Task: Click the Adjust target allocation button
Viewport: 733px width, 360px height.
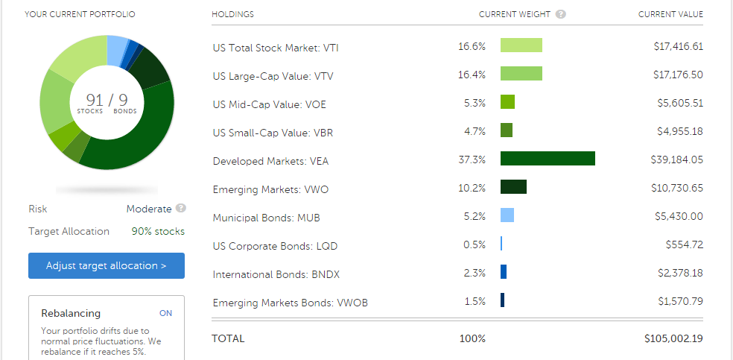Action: click(107, 265)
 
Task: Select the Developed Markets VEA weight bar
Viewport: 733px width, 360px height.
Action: click(548, 159)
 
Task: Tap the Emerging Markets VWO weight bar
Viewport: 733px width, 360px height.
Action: click(513, 187)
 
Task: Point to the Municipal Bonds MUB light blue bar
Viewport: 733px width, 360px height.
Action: click(507, 215)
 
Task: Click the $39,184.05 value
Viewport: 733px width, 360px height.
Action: click(676, 160)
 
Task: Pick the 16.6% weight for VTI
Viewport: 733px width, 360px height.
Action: click(472, 46)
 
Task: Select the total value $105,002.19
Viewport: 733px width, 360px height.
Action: click(673, 338)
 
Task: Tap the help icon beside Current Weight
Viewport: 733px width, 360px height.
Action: click(560, 14)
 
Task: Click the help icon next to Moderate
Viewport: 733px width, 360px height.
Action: click(181, 209)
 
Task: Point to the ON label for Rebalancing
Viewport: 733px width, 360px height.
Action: click(165, 313)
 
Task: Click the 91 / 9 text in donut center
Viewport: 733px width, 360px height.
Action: click(106, 101)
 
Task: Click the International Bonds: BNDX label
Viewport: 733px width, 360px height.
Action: click(276, 274)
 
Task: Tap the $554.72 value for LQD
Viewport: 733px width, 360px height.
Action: click(685, 244)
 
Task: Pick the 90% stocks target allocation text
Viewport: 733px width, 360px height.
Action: click(158, 231)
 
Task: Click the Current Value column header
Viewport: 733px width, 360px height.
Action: click(670, 14)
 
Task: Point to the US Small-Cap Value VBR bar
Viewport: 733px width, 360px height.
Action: click(507, 130)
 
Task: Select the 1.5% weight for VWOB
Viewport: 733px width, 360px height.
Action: click(474, 302)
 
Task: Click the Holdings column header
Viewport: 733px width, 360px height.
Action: click(232, 14)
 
